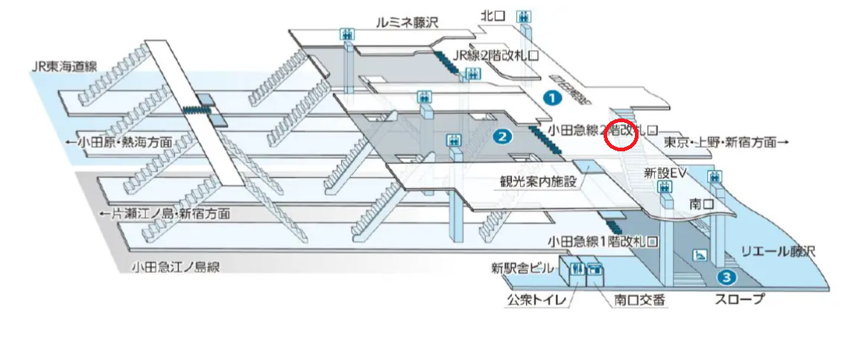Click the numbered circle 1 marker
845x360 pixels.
551,97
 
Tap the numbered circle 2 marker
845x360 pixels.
501,136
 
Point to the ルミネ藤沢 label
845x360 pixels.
408,22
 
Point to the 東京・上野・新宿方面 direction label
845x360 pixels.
725,141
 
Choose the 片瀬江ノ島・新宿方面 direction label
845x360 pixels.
165,214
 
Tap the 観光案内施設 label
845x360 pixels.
538,181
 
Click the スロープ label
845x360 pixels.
739,300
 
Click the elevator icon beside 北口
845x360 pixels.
525,15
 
